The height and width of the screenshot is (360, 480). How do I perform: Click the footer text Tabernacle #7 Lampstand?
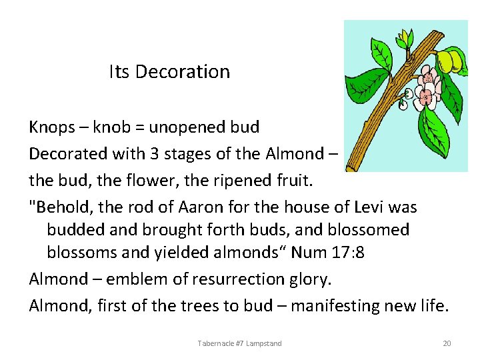239,343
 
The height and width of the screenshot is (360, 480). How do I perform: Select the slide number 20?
447,343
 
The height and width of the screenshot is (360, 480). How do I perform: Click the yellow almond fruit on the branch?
447,61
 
